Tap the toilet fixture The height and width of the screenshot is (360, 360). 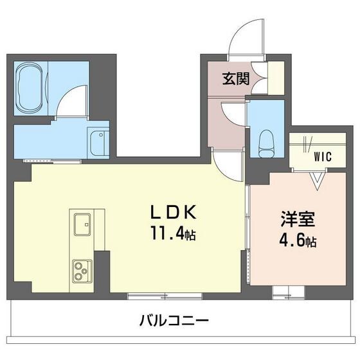[x=265, y=139]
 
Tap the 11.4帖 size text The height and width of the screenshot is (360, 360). [x=172, y=235]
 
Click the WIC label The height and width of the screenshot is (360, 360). [x=323, y=156]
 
